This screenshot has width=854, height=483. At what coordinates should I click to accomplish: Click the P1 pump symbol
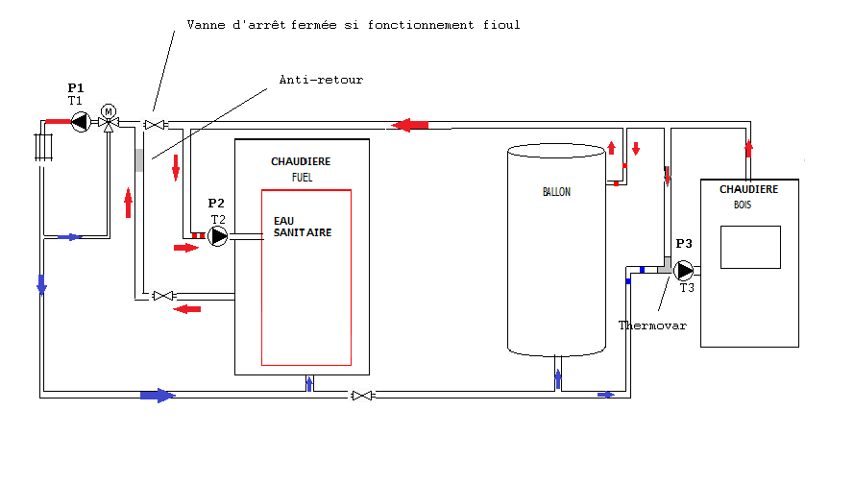[x=81, y=122]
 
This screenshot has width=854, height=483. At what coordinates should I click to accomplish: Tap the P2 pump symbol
[x=218, y=236]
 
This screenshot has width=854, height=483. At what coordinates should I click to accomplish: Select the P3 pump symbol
[x=684, y=271]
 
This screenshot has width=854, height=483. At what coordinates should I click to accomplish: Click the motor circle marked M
[x=109, y=111]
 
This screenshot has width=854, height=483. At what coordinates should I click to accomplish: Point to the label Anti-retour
[x=321, y=80]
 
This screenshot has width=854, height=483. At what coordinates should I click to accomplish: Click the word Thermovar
[x=652, y=326]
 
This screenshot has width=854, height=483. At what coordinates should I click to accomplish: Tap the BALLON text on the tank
[x=556, y=192]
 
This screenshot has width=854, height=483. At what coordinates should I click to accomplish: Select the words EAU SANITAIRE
[x=303, y=227]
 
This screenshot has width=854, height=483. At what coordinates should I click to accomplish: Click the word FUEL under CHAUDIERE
[x=302, y=178]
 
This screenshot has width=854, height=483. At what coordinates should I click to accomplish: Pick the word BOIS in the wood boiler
[x=743, y=205]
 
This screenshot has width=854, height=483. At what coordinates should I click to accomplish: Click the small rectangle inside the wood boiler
[x=750, y=247]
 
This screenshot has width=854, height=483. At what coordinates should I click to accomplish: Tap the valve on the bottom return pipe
[x=362, y=396]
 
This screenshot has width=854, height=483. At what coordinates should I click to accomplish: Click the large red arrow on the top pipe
[x=409, y=125]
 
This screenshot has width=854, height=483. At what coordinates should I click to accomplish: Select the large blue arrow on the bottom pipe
[x=158, y=396]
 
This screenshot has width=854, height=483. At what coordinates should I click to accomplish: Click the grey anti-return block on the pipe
[x=139, y=160]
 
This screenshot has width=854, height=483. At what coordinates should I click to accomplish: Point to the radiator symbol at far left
[x=43, y=147]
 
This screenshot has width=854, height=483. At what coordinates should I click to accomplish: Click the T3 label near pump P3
[x=687, y=288]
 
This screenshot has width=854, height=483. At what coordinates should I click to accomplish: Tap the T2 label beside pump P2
[x=218, y=220]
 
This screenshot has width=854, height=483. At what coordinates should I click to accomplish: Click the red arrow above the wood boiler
[x=749, y=149]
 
